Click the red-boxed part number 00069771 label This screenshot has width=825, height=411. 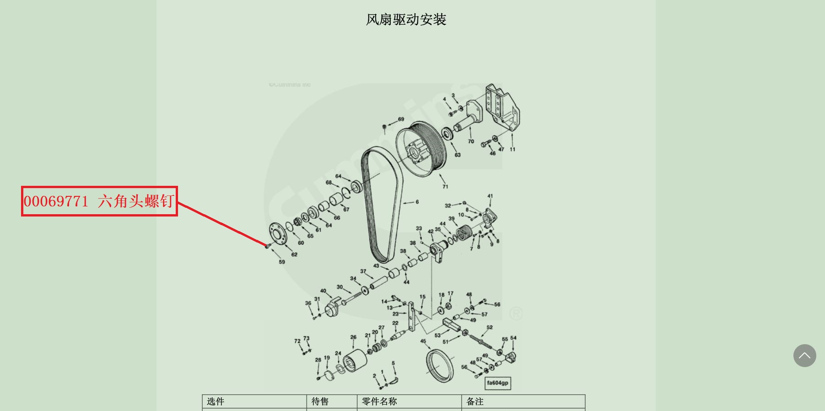pos(99,201)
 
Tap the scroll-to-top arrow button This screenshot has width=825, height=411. pos(804,356)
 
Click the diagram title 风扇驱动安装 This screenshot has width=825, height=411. pos(406,20)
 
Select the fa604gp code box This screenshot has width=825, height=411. pos(497,383)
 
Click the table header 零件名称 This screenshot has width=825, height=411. pos(379,401)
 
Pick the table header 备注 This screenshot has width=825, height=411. pos(475,401)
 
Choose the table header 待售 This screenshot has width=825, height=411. pos(320,401)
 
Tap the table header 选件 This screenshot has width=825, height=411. pos(216,401)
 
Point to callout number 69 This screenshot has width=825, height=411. pos(401,119)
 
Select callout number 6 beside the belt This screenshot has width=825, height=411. pos(417,202)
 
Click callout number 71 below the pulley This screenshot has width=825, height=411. pos(445,186)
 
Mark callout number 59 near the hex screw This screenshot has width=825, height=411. pos(282,262)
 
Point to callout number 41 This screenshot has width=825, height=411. pos(490,196)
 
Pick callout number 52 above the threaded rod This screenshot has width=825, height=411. pos(490,327)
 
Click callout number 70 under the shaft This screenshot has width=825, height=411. pos(471,141)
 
